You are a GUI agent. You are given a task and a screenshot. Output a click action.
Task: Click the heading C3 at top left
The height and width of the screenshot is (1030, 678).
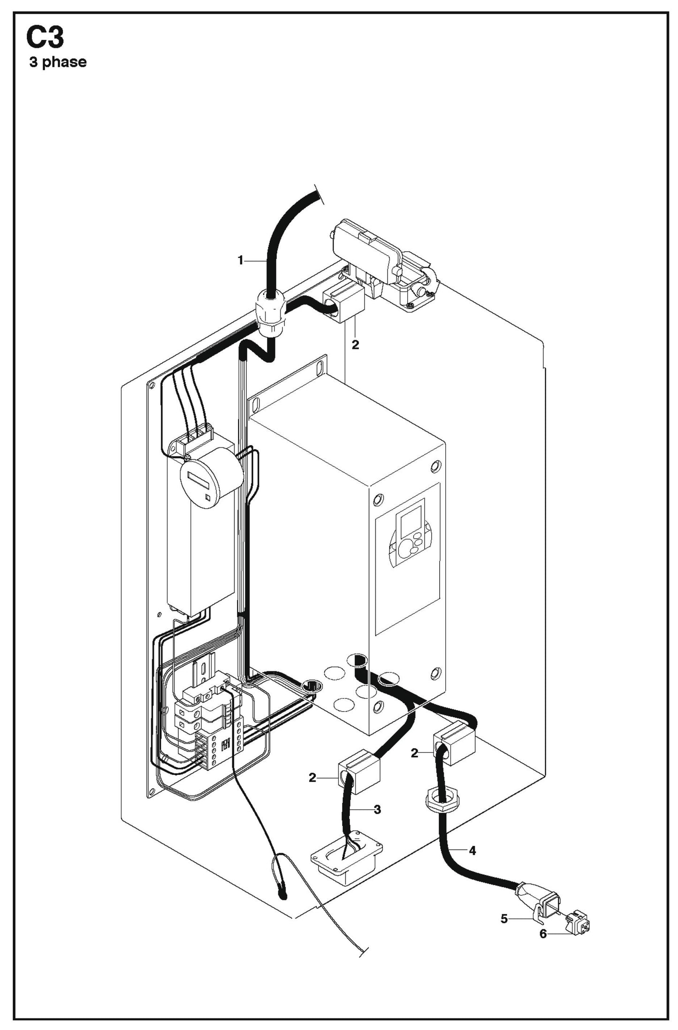point(45,38)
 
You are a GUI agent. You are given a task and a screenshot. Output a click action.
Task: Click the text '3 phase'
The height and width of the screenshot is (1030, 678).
point(58,62)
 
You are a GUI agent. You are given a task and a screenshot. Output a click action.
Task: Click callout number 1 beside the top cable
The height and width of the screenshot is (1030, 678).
point(241,260)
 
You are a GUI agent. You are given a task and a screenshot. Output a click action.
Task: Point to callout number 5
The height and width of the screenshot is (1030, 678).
point(504,918)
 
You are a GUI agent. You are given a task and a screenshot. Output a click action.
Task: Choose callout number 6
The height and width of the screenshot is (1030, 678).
point(543,934)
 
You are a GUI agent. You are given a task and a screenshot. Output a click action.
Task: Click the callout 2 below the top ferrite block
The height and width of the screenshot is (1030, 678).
point(355,345)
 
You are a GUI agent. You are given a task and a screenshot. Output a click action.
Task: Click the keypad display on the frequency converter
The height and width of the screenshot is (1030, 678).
point(409,531)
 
